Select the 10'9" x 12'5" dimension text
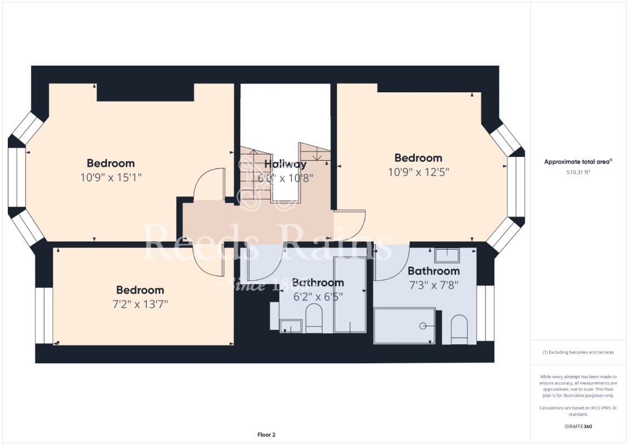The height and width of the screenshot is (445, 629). click(x=418, y=172)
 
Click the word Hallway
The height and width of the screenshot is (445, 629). click(x=285, y=164)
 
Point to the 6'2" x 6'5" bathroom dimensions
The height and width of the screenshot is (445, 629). click(x=318, y=297)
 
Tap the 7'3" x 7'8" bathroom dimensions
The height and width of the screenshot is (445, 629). click(x=433, y=285)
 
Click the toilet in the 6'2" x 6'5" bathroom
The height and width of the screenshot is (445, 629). click(x=314, y=319)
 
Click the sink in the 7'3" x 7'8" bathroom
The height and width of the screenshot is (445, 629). click(x=447, y=256)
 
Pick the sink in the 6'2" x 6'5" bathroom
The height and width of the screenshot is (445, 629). click(x=291, y=326)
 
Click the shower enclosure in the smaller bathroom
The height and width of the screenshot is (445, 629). click(x=350, y=295)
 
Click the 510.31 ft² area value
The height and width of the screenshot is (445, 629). click(x=578, y=172)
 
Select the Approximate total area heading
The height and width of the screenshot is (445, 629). click(x=578, y=162)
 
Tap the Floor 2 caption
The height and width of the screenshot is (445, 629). click(x=266, y=434)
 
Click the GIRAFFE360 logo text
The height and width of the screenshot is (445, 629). click(x=578, y=427)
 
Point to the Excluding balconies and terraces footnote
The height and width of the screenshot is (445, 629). click(x=578, y=352)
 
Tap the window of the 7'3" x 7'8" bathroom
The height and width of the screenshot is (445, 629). click(x=485, y=313)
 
